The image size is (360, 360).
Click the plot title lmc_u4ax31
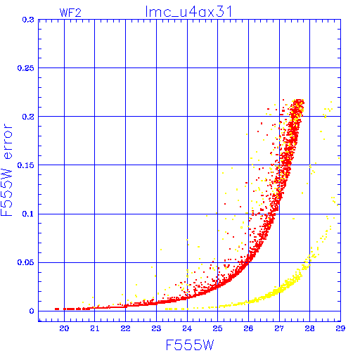(188, 12)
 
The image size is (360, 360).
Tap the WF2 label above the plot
(70, 13)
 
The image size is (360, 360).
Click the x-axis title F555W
(190, 345)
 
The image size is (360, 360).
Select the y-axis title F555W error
(6, 169)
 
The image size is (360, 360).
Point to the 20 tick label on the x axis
(64, 328)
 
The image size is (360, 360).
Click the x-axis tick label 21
(95, 328)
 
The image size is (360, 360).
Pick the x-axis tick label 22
(125, 328)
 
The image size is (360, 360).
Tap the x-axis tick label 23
(156, 328)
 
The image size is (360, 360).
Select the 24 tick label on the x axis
(187, 328)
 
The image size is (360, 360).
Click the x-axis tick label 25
(217, 328)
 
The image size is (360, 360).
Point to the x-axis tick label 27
(279, 328)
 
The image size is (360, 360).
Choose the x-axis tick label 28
(309, 328)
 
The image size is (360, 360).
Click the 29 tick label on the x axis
(340, 328)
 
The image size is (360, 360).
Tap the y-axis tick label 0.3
(28, 20)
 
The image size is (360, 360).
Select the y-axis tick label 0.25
(26, 68)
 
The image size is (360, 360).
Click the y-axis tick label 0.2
(28, 117)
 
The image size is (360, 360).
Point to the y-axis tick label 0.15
(26, 165)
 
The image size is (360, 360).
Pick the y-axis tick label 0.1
(28, 214)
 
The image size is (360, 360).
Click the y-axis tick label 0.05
(26, 262)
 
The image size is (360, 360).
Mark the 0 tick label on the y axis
(32, 311)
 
